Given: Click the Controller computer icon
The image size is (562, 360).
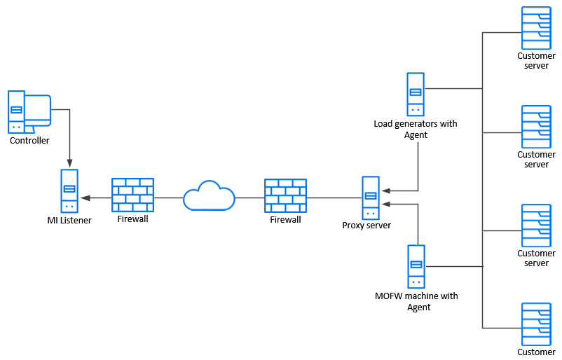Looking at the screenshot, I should point(28,111).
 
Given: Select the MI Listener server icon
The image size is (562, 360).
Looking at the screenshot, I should point(69,191).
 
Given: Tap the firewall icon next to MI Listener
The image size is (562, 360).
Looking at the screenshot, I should point(132,195).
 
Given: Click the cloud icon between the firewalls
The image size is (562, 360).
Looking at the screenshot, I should point(209,196).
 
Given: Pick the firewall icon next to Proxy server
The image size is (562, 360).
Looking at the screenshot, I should point(285,195).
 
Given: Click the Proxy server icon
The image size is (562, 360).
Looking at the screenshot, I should point(371,198).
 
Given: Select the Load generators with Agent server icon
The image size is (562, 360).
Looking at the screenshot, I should point(416,95).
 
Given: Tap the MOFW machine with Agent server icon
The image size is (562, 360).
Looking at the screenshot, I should point(416,267).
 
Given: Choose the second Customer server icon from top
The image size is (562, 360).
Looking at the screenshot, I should point(536,127).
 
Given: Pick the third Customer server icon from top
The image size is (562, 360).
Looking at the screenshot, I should point(536,226).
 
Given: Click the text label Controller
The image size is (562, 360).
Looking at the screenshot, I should point(29,141).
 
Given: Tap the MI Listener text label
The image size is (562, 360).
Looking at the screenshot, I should point(69,221).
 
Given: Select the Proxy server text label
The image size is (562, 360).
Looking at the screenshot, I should point(366,226).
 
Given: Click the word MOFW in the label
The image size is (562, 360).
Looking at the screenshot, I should point(390,296).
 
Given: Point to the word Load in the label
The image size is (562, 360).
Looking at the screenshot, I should point(384,124).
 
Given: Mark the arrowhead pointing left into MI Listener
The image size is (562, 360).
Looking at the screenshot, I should point(85,198).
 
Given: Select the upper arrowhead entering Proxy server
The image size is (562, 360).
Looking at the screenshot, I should point(385,191).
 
